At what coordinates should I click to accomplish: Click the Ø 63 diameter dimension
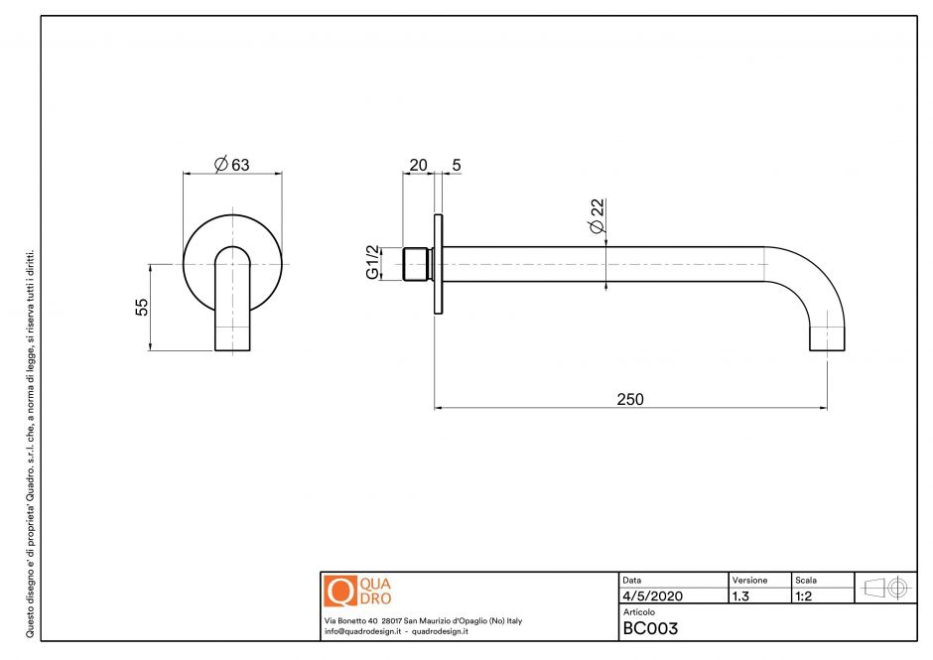click(232, 165)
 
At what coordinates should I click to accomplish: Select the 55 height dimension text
click(142, 307)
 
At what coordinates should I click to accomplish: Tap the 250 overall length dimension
click(630, 399)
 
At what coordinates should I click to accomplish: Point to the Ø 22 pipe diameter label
click(597, 215)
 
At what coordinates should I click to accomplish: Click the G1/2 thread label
click(373, 262)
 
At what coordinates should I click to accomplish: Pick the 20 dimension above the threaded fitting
click(418, 165)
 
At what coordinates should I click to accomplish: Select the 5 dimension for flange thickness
click(456, 165)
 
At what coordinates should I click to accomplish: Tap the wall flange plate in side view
click(437, 263)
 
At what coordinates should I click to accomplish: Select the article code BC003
click(650, 628)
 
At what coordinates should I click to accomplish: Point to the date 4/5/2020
click(652, 596)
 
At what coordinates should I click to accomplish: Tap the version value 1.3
click(740, 596)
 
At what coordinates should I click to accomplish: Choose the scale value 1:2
click(805, 596)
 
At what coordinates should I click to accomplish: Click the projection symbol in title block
click(886, 588)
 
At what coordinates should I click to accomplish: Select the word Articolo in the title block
click(639, 612)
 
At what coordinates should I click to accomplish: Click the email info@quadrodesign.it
click(362, 631)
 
